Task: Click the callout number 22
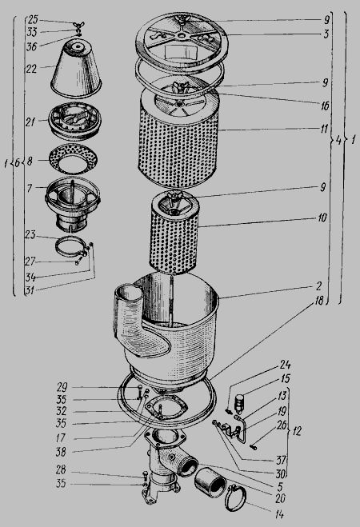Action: (x=31, y=70)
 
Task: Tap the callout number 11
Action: (x=324, y=129)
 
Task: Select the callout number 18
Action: (x=318, y=300)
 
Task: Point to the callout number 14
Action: (x=279, y=514)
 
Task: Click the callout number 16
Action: (x=324, y=106)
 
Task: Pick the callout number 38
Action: (x=61, y=452)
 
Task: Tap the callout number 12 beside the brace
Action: (x=297, y=431)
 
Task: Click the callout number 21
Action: (x=30, y=122)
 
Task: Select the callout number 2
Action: (x=319, y=286)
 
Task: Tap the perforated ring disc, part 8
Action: (x=74, y=159)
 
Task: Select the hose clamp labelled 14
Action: (x=236, y=498)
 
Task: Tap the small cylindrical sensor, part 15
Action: (x=239, y=403)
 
